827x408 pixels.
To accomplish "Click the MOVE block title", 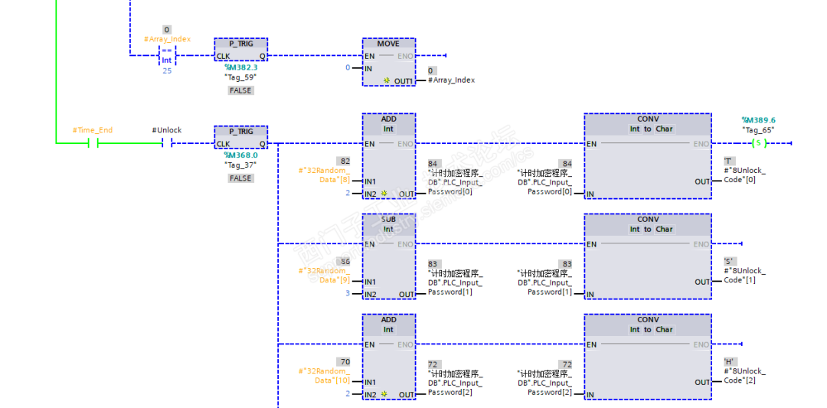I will coord(388,44).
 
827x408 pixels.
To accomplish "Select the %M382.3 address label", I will coord(240,67).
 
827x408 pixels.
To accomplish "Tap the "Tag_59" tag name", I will coord(240,77).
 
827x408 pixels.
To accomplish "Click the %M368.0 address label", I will coord(240,155).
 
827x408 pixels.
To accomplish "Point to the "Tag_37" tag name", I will coord(240,165).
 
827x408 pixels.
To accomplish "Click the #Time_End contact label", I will coord(93,130).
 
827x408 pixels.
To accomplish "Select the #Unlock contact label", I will coord(167,130).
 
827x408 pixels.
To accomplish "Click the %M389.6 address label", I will coord(758,120).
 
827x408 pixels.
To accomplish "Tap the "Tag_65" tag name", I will coord(758,130).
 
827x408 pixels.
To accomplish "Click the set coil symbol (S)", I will coord(758,143).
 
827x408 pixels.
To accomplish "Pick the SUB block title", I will coord(388,220).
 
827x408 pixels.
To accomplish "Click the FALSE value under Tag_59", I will coord(240,90).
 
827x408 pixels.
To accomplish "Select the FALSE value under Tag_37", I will coord(240,178).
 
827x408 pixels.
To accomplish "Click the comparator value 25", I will coord(166,70).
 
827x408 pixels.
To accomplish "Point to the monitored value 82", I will coord(345,162).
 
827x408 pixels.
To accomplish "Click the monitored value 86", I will coord(345,262).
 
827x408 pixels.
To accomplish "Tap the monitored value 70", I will coord(345,362).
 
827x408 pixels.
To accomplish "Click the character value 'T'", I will coord(729,162).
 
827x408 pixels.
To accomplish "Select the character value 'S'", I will coord(729,262).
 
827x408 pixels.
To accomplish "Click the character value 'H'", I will coord(729,362).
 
